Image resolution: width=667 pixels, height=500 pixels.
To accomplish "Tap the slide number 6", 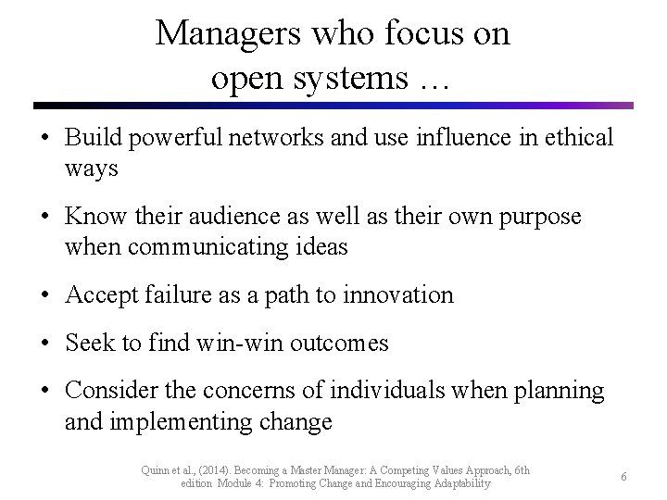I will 624,476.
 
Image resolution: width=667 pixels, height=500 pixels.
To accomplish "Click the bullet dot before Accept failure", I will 45,296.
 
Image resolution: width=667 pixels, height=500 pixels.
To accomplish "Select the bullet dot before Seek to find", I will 45,344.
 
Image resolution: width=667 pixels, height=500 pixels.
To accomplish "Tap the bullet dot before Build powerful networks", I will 45,139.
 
